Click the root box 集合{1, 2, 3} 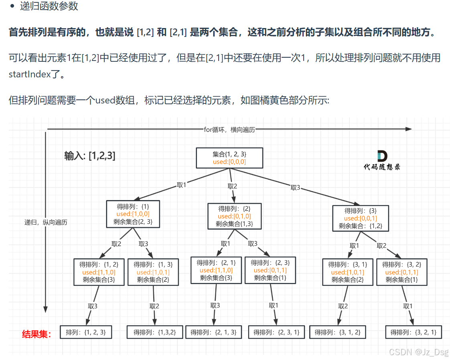(x=229, y=158)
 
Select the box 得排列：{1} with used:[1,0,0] (x=133, y=214)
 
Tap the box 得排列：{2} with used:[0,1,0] (x=234, y=216)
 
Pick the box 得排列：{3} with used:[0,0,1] (x=360, y=218)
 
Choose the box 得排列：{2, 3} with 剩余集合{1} (x=270, y=270)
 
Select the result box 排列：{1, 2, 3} (x=85, y=332)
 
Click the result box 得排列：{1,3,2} (x=154, y=332)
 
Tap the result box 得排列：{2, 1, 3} (x=213, y=332)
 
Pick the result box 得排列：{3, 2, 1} (x=413, y=332)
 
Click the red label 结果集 (x=36, y=334)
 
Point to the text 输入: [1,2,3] (x=90, y=156)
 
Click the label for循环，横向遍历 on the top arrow (x=229, y=129)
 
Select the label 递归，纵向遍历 (x=45, y=222)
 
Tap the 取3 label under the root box (x=295, y=187)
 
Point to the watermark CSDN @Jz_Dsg (x=419, y=352)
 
